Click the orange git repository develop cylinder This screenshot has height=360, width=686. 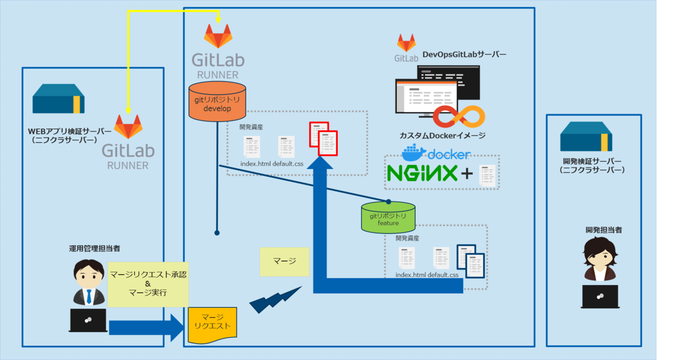click(x=217, y=101)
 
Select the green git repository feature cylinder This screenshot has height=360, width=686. click(x=388, y=216)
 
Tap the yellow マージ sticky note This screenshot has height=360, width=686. click(x=284, y=262)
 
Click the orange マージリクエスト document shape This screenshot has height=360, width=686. click(x=213, y=325)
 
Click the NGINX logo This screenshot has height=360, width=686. click(x=422, y=173)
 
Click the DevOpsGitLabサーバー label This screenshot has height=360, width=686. click(x=464, y=55)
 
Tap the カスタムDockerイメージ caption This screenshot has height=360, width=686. click(x=442, y=135)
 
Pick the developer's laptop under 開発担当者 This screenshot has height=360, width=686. click(x=600, y=296)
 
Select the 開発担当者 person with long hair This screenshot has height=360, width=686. click(x=600, y=258)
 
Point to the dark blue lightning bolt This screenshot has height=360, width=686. click(x=274, y=301)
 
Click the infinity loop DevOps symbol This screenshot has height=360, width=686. click(x=458, y=117)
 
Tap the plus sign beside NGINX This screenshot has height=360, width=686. click(x=467, y=174)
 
